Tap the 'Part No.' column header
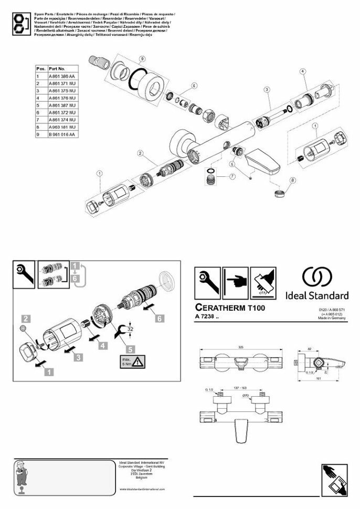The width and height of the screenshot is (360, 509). coord(57,69)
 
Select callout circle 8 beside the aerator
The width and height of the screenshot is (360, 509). coord(293,181)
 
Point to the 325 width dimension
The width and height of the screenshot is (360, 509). coord(240,347)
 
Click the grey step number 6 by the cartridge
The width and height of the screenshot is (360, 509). coord(160,317)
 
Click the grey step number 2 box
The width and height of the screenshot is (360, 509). coord(25,317)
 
